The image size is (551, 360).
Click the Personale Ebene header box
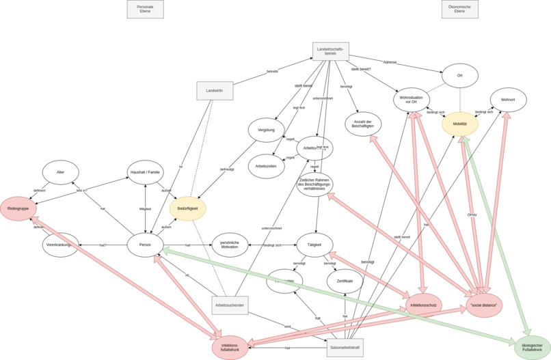[146, 9]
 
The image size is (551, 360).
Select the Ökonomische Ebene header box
[460, 9]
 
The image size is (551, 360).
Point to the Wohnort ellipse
[508, 100]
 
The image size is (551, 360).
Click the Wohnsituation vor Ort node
[412, 100]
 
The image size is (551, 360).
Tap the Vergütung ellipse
[266, 130]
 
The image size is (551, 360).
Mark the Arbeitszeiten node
[266, 166]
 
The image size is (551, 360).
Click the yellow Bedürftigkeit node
[187, 208]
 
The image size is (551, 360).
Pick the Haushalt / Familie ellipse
[146, 172]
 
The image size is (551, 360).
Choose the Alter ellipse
[60, 172]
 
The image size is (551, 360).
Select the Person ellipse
[145, 245]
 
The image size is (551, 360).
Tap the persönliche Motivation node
[230, 245]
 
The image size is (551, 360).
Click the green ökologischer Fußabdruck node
[533, 347]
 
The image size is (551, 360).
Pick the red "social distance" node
[484, 305]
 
